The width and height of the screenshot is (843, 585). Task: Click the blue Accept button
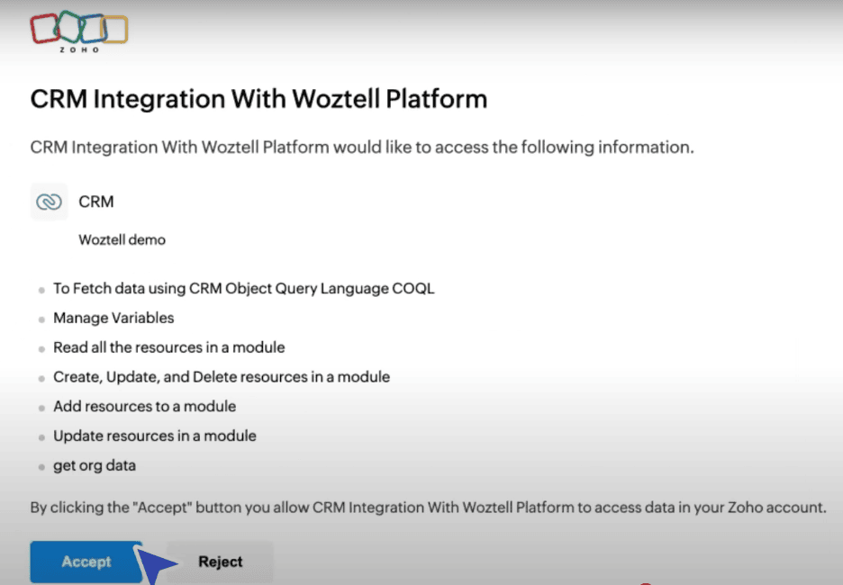[86, 562]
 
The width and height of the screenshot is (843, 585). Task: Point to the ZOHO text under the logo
[79, 49]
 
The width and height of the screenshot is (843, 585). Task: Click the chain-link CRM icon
[49, 202]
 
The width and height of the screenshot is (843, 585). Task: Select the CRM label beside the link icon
[96, 202]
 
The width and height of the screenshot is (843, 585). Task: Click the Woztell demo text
[122, 239]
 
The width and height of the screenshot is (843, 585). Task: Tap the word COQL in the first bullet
[412, 289]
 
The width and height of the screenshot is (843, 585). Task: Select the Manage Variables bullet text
[113, 318]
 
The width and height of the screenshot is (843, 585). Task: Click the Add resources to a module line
[145, 406]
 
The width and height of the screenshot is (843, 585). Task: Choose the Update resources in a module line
[155, 436]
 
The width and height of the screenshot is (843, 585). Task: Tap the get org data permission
[95, 465]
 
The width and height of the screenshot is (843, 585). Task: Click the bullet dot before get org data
[41, 467]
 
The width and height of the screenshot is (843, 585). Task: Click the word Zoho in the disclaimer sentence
[745, 508]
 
